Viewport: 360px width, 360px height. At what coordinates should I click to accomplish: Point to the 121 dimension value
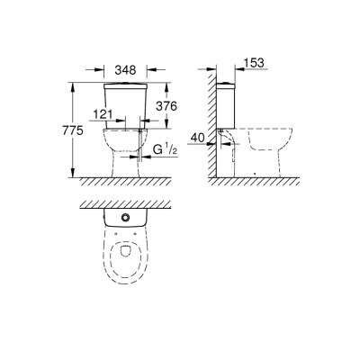(103, 116)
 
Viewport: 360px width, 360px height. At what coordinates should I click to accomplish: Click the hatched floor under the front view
(126, 183)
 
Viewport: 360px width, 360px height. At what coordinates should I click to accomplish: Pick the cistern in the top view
(124, 220)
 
